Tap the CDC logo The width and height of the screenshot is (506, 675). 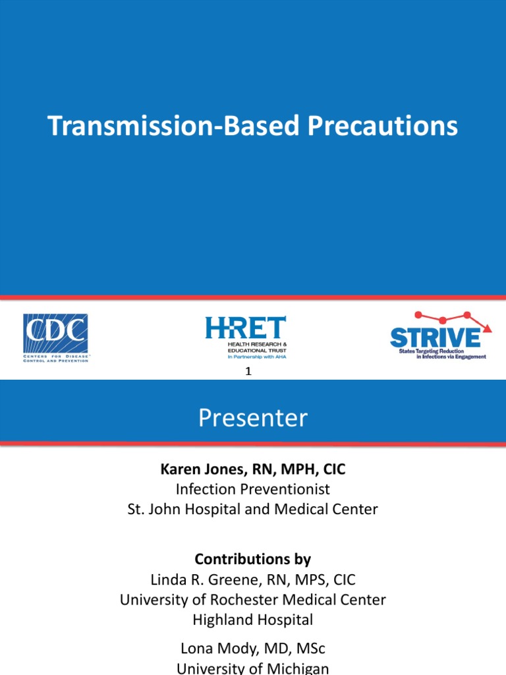tap(55, 332)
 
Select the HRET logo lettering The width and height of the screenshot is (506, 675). tap(245, 328)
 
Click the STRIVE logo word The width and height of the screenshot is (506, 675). tap(435, 337)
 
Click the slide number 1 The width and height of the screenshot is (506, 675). tap(248, 372)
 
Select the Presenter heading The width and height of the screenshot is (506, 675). tap(253, 418)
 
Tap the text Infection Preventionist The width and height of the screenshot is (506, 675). tap(252, 489)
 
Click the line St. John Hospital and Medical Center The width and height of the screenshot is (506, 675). tap(252, 510)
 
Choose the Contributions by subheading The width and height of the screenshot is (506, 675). tap(252, 559)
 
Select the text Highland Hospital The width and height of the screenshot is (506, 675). tap(252, 620)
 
